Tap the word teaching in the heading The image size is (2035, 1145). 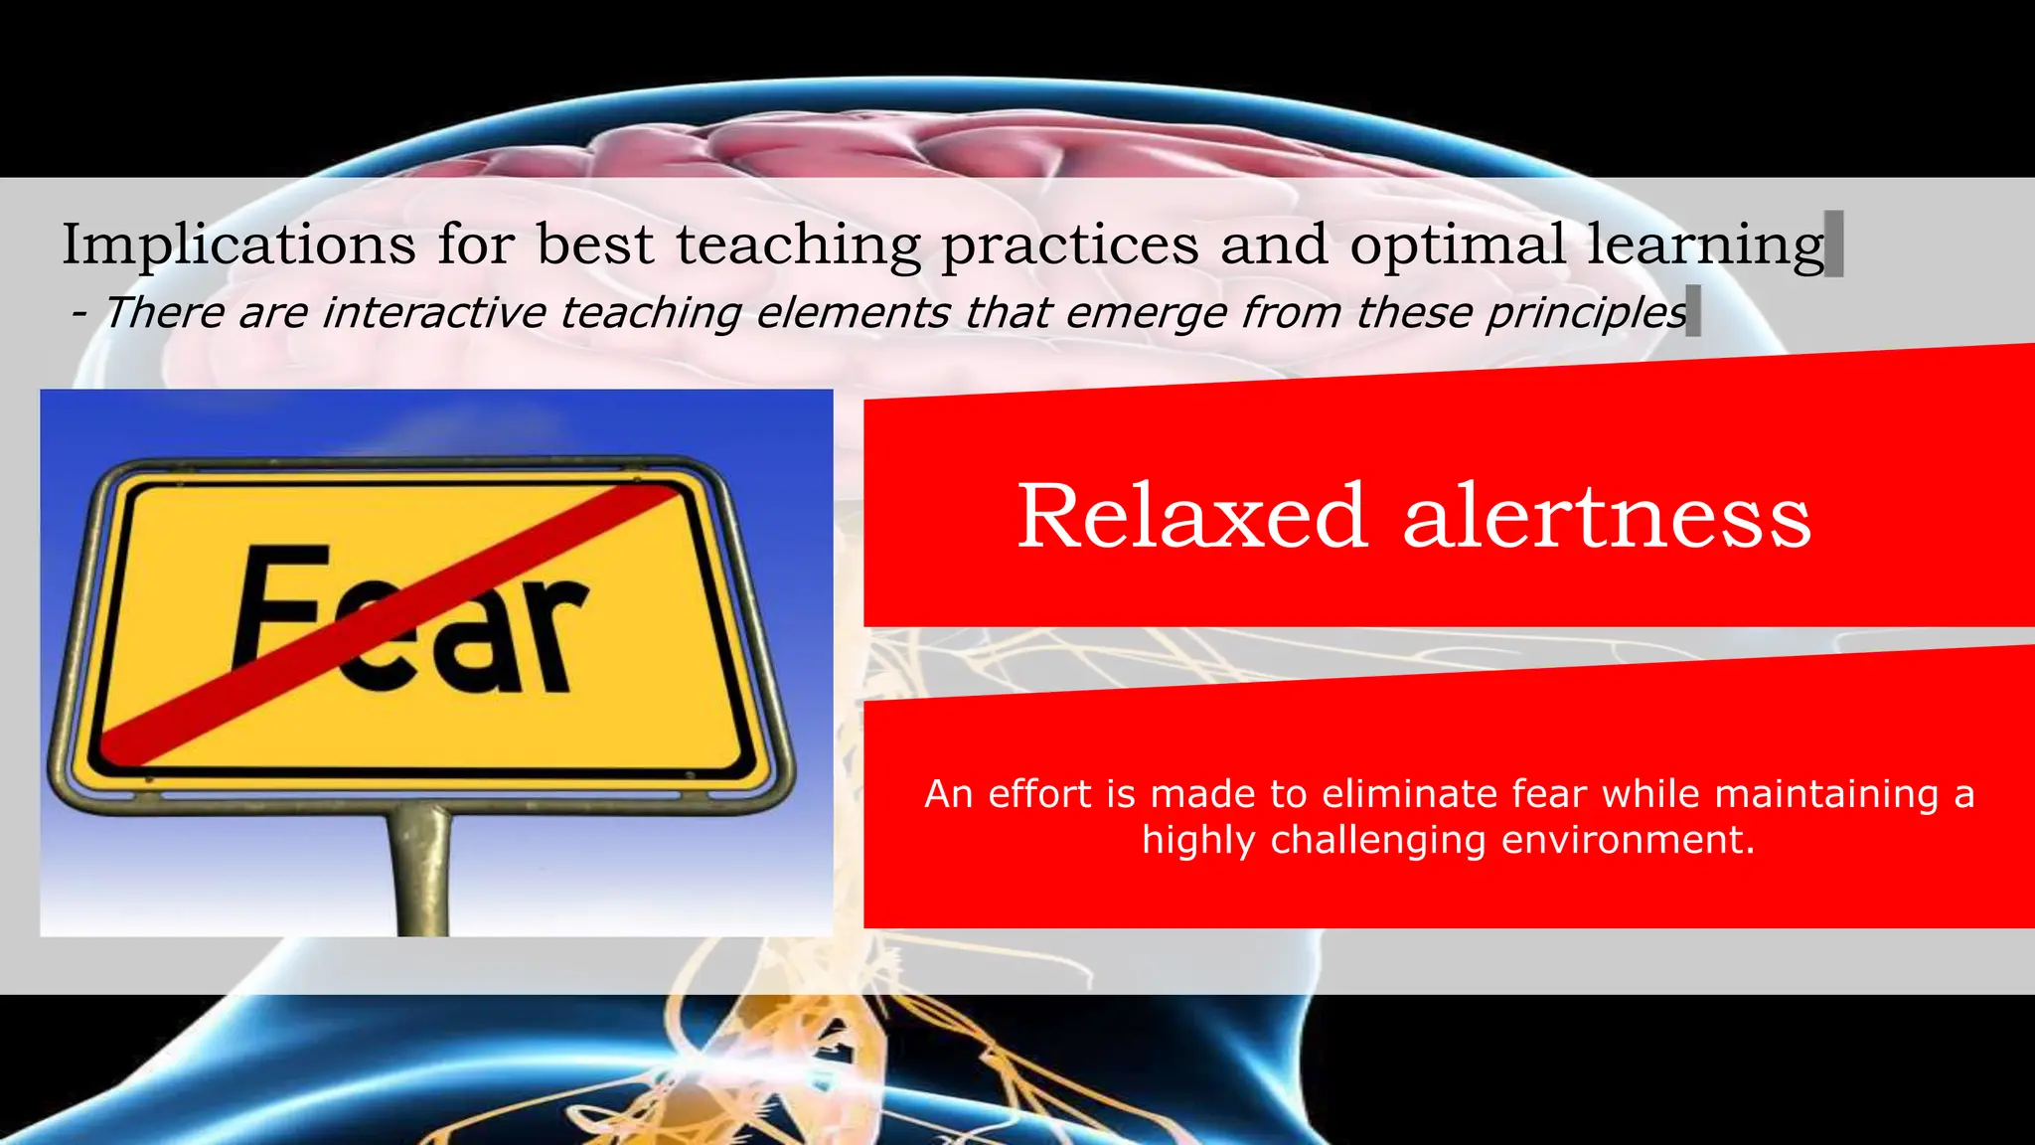[799, 244]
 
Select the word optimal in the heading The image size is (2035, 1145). [1457, 244]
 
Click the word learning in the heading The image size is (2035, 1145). [1705, 244]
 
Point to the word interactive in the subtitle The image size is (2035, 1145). [434, 312]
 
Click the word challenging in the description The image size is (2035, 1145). [1378, 840]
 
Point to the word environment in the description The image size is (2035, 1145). [1628, 840]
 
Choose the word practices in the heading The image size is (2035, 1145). [1070, 244]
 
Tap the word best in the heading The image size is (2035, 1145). [595, 244]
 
